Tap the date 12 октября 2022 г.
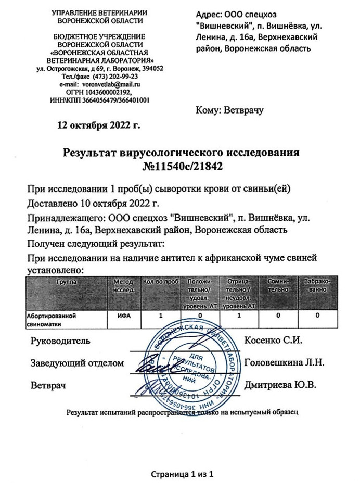[x=98, y=125]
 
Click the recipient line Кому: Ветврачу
[x=229, y=110]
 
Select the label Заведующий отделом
[x=78, y=364]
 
